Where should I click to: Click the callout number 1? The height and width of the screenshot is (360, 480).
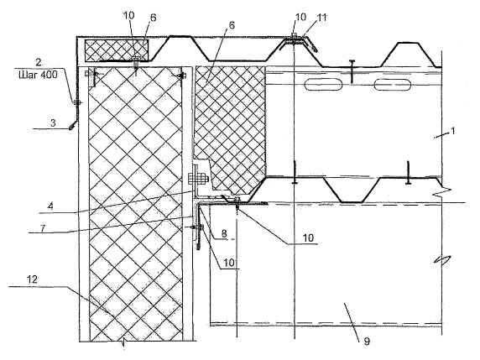pyautogui.click(x=453, y=131)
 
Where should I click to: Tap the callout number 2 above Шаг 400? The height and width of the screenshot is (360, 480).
pyautogui.click(x=39, y=62)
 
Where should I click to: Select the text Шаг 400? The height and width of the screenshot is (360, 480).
pyautogui.click(x=38, y=75)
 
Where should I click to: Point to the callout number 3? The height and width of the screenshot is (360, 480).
pyautogui.click(x=53, y=123)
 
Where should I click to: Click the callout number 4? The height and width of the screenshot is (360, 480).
pyautogui.click(x=51, y=206)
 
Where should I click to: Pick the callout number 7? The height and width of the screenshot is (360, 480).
pyautogui.click(x=43, y=228)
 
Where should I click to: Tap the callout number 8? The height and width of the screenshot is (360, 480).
pyautogui.click(x=224, y=233)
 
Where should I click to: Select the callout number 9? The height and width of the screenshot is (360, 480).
pyautogui.click(x=367, y=341)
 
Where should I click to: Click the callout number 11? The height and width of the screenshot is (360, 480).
pyautogui.click(x=321, y=18)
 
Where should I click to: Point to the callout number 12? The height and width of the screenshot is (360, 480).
pyautogui.click(x=32, y=279)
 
